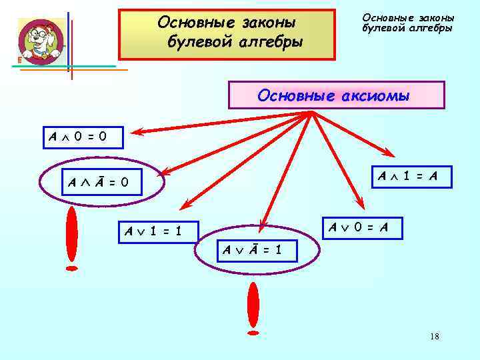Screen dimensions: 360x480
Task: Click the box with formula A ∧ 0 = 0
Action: [77, 138]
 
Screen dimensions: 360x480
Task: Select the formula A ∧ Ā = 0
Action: [95, 181]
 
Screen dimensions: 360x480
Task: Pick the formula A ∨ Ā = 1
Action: [252, 250]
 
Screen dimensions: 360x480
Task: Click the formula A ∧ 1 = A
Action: [410, 177]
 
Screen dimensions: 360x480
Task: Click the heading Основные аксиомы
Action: [336, 95]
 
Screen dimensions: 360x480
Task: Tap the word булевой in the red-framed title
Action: [198, 43]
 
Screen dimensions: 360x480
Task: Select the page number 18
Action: [435, 337]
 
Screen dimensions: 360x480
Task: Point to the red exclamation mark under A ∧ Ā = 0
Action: [71, 240]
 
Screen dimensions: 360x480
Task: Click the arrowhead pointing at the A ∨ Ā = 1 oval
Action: [265, 225]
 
